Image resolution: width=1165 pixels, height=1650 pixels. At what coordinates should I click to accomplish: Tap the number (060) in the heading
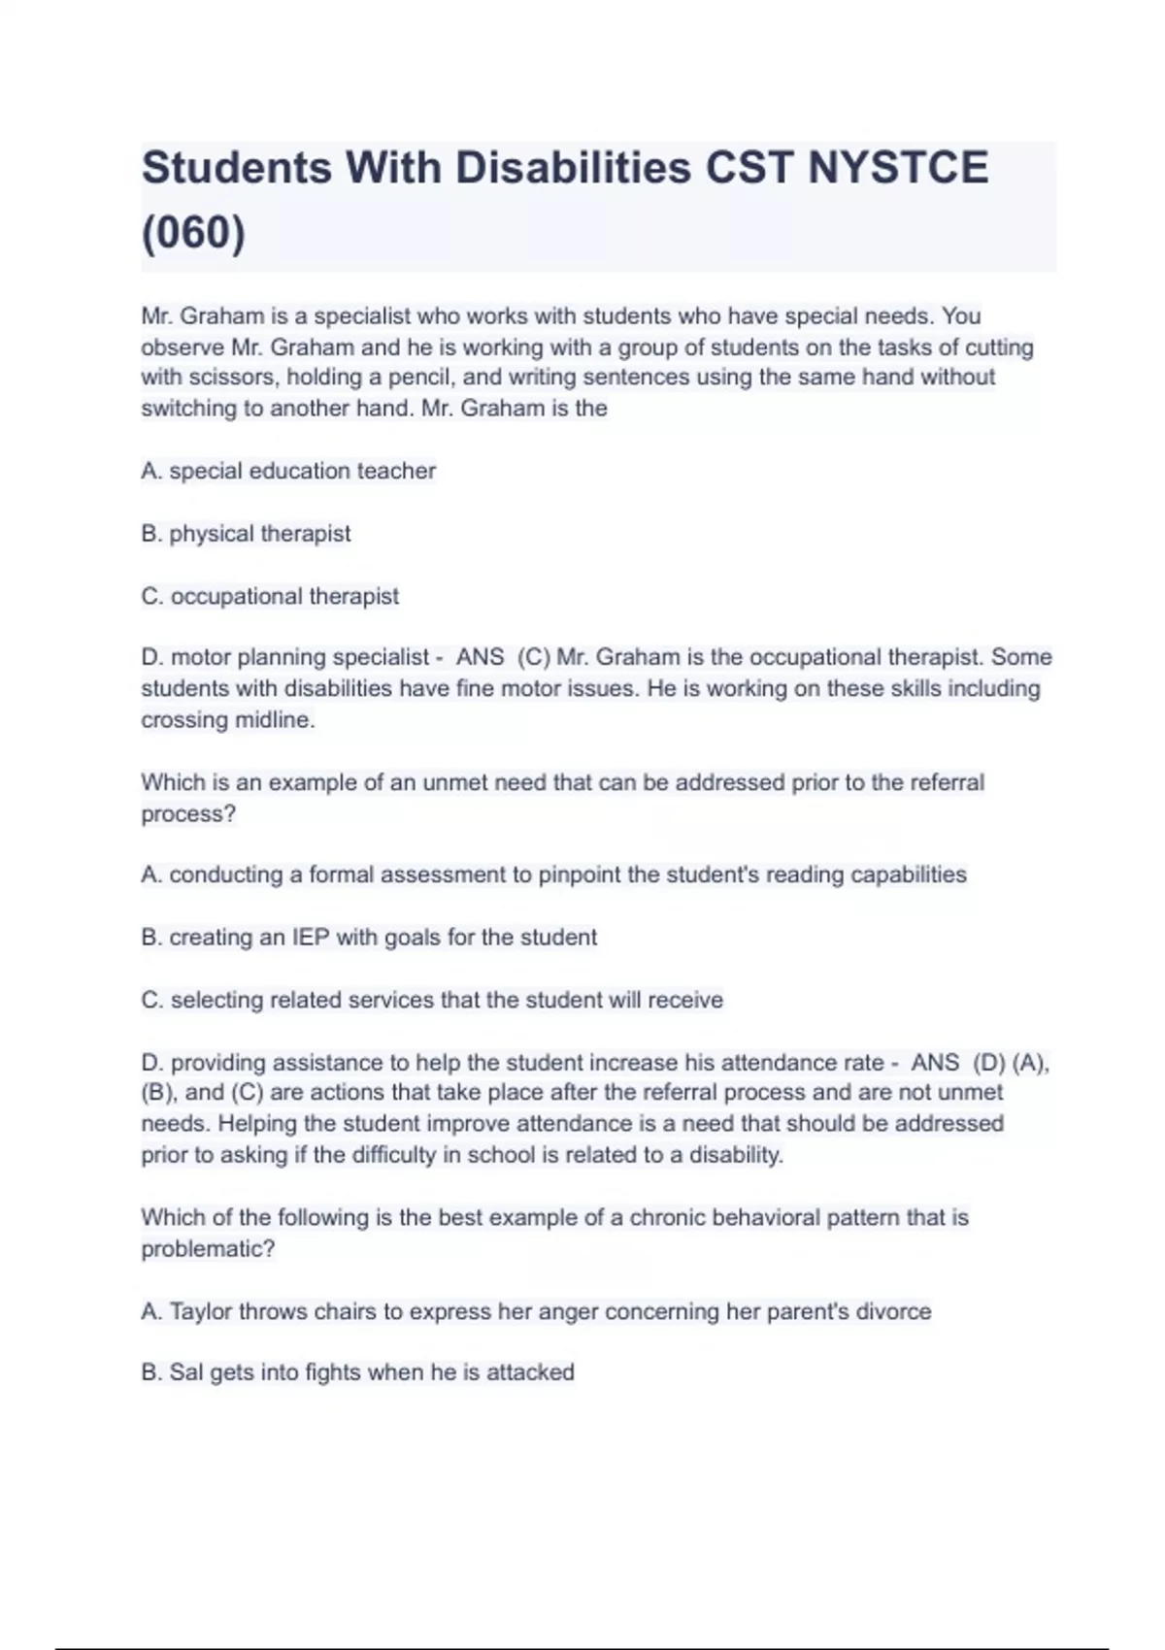click(193, 233)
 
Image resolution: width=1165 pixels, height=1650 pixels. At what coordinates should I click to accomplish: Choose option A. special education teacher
click(288, 472)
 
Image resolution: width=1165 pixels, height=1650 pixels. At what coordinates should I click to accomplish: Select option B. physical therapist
click(246, 534)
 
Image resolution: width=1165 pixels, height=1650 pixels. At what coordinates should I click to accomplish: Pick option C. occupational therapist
click(270, 596)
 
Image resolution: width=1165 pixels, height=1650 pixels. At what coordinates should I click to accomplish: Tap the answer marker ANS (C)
click(503, 658)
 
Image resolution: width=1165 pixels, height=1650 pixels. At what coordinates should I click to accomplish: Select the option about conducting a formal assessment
click(553, 875)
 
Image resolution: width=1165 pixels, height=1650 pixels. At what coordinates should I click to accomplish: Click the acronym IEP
click(311, 938)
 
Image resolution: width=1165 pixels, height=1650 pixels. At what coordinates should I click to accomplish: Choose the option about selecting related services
click(432, 1000)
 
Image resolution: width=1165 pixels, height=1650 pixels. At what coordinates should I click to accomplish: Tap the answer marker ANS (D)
click(957, 1063)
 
